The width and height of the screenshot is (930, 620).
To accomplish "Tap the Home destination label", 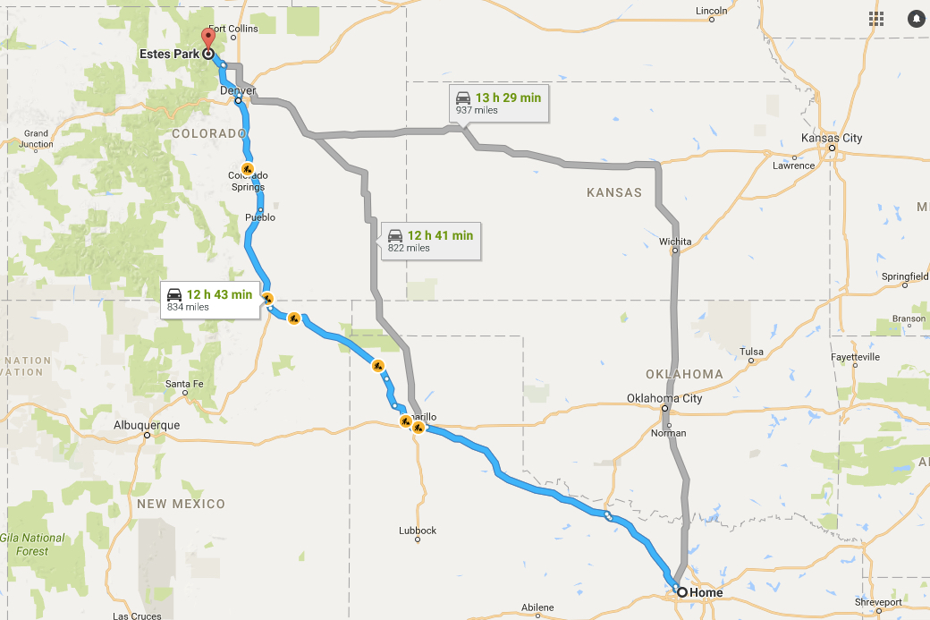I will (706, 592).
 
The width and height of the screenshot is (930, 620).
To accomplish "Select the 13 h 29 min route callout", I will (497, 103).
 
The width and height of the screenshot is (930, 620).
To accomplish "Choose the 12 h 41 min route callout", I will (429, 241).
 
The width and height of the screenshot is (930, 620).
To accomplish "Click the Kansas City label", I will (832, 138).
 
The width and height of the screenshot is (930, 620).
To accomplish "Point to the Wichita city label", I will (675, 242).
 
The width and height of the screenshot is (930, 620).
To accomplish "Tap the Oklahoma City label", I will (664, 398).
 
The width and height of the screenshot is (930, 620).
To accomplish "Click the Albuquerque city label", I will (147, 425).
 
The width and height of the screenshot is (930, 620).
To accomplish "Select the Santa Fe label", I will (184, 385).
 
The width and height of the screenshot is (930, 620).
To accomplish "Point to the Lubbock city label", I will (418, 531).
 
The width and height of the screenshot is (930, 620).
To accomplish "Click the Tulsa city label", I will (751, 352).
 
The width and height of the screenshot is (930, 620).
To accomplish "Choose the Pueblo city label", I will (259, 217).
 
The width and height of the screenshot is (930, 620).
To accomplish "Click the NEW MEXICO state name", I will (181, 504).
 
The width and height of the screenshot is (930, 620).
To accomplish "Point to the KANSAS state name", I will (614, 192).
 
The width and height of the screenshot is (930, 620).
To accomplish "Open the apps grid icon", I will (875, 19).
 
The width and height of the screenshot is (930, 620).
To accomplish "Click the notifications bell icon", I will (916, 19).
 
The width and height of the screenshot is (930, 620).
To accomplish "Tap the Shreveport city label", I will (877, 602).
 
